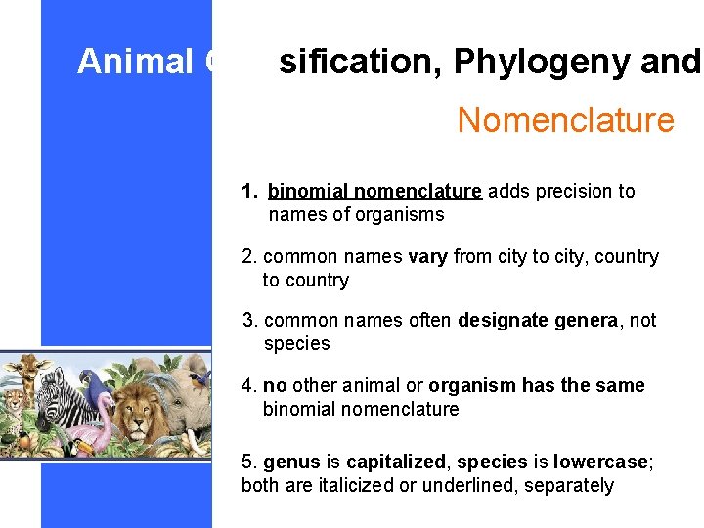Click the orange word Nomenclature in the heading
pyautogui.click(x=565, y=120)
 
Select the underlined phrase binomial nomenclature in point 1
pyautogui.click(x=374, y=191)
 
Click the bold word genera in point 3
pyautogui.click(x=588, y=320)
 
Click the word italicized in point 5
pyautogui.click(x=365, y=485)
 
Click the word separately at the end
pyautogui.click(x=569, y=485)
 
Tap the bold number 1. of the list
pyautogui.click(x=251, y=191)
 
